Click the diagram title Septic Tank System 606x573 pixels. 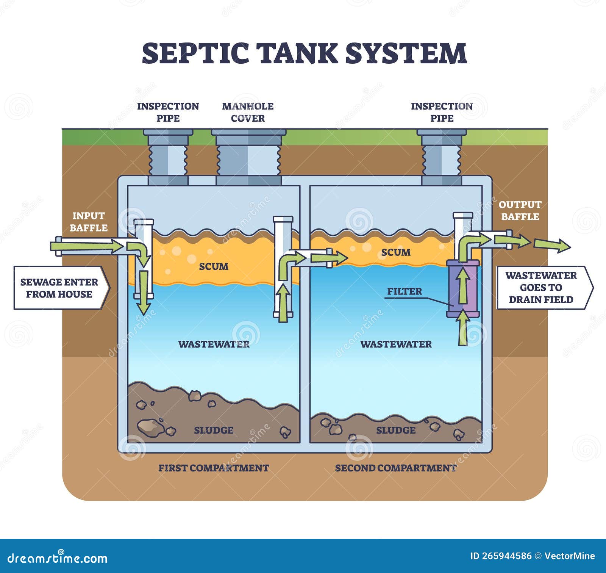pyautogui.click(x=304, y=53)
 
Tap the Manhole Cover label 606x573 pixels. pyautogui.click(x=248, y=112)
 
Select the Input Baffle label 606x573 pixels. pyautogui.click(x=89, y=222)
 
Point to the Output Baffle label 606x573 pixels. pyautogui.click(x=520, y=210)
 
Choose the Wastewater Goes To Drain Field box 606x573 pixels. pyautogui.click(x=545, y=287)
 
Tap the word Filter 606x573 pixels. pyautogui.click(x=405, y=291)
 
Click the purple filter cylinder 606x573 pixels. pyautogui.click(x=463, y=288)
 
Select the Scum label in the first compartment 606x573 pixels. pyautogui.click(x=214, y=266)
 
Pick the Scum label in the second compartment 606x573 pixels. pyautogui.click(x=396, y=252)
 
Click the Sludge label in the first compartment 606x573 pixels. pyautogui.click(x=214, y=430)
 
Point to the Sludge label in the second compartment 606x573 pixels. pyautogui.click(x=396, y=430)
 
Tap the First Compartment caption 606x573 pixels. pyautogui.click(x=214, y=468)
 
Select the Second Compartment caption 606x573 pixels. pyautogui.click(x=396, y=468)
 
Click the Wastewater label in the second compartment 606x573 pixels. pyautogui.click(x=396, y=344)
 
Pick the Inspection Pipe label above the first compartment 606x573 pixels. pyautogui.click(x=168, y=112)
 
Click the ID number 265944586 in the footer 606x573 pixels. pyautogui.click(x=501, y=556)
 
